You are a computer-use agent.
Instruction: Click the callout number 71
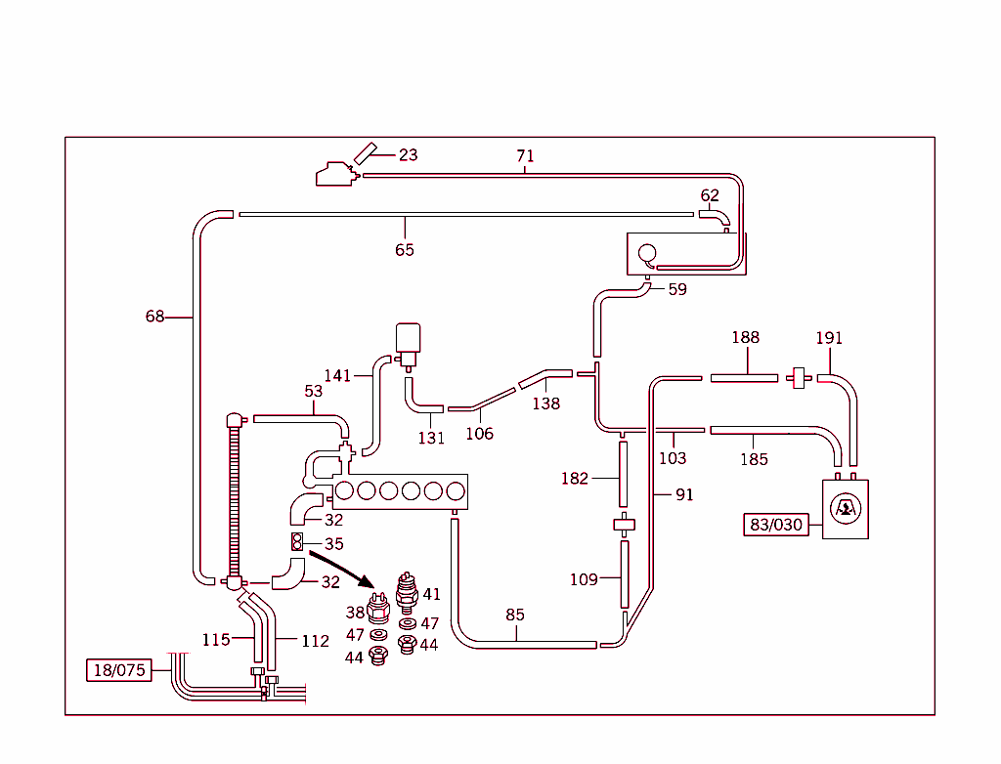[526, 156]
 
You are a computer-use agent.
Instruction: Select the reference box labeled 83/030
[776, 525]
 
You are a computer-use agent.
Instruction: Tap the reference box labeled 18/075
[119, 670]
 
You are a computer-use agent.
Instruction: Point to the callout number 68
[154, 317]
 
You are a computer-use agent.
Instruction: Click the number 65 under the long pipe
[405, 250]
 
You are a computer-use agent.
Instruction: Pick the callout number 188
[746, 338]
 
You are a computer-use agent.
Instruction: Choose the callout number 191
[829, 338]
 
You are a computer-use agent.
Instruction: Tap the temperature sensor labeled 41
[407, 589]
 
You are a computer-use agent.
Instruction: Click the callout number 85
[515, 615]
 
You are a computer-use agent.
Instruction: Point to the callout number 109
[584, 579]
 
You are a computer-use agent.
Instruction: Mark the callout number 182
[575, 479]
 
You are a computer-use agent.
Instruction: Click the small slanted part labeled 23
[365, 151]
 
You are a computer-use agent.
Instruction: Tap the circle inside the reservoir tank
[646, 254]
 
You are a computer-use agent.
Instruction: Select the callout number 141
[337, 376]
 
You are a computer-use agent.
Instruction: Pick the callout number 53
[313, 392]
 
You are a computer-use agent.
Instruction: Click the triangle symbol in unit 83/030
[846, 509]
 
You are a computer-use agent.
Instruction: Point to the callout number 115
[216, 640]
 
